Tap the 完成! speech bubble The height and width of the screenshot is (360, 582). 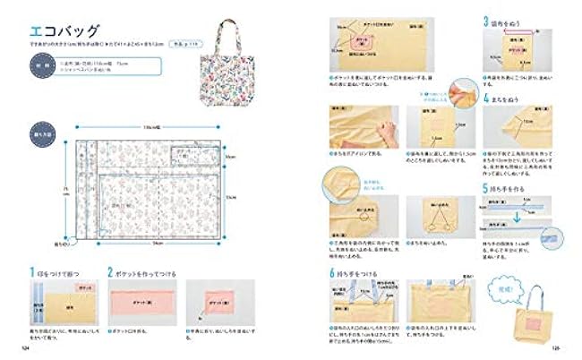point(499,287)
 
